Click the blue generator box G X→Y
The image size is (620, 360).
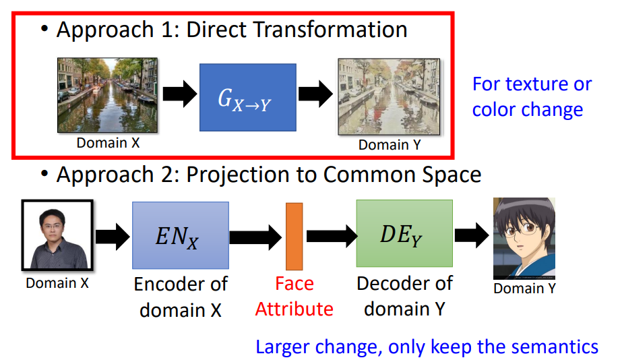click(x=248, y=97)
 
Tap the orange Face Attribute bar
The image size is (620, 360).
click(x=294, y=236)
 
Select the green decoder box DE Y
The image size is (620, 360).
click(x=404, y=233)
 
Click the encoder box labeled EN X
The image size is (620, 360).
click(x=181, y=235)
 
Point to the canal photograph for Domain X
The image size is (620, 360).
click(x=108, y=95)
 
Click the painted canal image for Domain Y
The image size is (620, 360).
click(x=389, y=97)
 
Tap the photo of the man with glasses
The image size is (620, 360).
click(x=57, y=235)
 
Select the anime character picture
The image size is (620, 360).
click(x=524, y=238)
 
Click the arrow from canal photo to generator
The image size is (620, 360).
click(x=180, y=94)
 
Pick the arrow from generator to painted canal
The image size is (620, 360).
click(x=315, y=94)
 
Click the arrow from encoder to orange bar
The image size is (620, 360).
click(x=255, y=237)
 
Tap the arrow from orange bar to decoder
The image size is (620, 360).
click(x=332, y=236)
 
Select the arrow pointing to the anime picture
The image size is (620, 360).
click(x=472, y=235)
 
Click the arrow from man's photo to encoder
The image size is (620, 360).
click(x=113, y=237)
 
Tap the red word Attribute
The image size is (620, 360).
click(x=294, y=309)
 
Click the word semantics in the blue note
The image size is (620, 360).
click(x=555, y=347)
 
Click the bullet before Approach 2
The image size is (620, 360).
click(x=44, y=173)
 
